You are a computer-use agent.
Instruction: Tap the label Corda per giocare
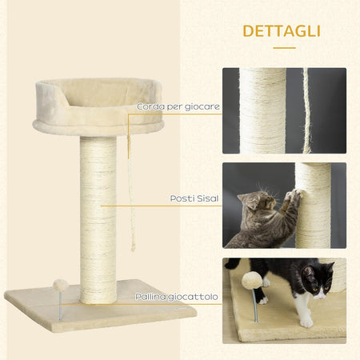click(178, 106)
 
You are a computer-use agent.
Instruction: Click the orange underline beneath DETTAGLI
click(284, 48)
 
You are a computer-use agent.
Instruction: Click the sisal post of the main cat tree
click(98, 216)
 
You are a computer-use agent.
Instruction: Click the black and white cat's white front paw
click(306, 320)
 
